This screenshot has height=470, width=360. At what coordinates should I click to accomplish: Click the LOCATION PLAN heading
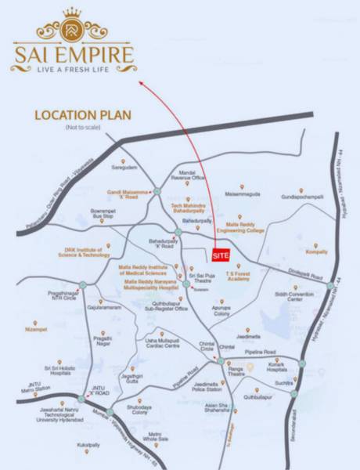coord(82,114)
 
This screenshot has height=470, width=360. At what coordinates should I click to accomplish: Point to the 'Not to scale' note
coord(83,127)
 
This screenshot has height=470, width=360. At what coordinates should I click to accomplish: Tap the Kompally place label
coord(317,251)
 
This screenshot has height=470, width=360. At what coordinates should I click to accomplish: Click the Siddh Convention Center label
coord(289,296)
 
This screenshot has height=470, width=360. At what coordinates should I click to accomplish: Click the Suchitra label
coord(283,385)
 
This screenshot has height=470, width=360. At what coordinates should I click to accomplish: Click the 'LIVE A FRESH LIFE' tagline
coord(72,68)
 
